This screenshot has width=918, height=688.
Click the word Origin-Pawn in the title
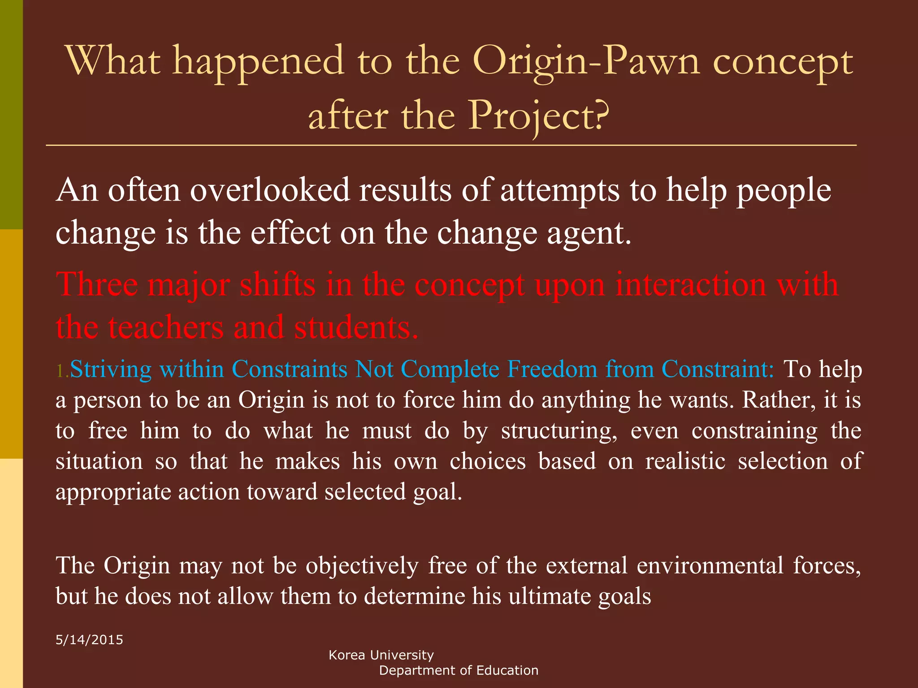[x=585, y=61]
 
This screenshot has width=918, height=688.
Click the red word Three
[x=97, y=284]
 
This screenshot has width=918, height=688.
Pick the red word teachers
[x=166, y=327]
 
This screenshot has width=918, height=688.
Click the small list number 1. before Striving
[x=62, y=371]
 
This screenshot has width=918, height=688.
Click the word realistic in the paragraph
[x=685, y=461]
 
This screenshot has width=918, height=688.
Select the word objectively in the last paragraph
[x=362, y=565]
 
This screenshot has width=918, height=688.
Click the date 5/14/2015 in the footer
[x=89, y=640]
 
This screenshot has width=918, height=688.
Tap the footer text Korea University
[x=381, y=655]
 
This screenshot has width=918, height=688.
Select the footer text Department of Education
[x=459, y=671]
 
